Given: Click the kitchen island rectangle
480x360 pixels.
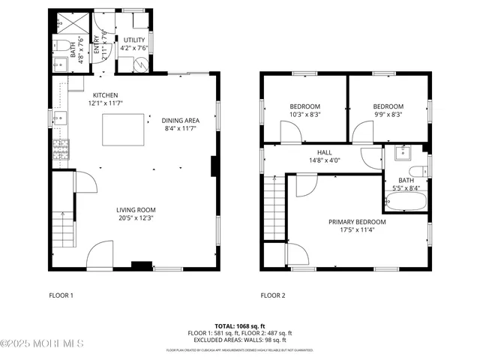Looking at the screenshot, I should pyautogui.click(x=124, y=130).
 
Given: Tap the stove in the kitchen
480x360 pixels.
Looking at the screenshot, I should pyautogui.click(x=59, y=150).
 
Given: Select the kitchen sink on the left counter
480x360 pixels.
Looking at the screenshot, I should pyautogui.click(x=60, y=117).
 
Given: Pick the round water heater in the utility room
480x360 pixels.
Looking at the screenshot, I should pyautogui.click(x=140, y=65).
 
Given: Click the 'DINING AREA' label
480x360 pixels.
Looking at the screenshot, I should pyautogui.click(x=180, y=120).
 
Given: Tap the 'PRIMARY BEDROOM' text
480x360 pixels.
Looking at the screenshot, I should pyautogui.click(x=357, y=222).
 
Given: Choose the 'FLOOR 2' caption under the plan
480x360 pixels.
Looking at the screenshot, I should pyautogui.click(x=273, y=295).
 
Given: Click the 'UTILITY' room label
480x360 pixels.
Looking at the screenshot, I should pyautogui.click(x=134, y=40).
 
